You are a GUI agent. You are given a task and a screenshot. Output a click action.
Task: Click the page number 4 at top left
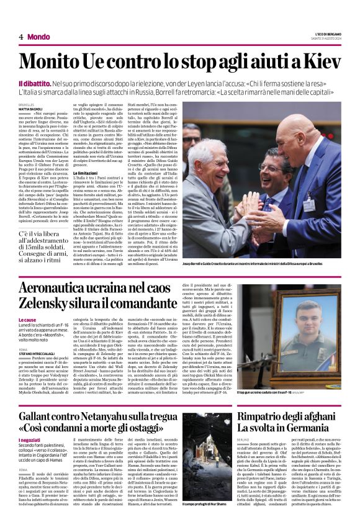21,37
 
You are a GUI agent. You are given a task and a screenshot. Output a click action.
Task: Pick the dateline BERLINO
246,440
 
